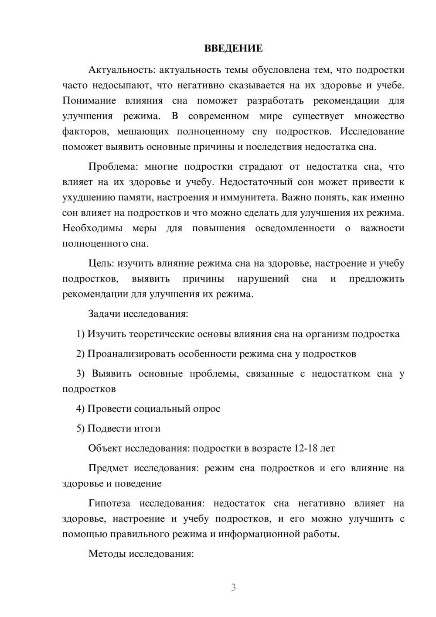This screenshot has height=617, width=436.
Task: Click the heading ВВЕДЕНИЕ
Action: [x=233, y=48]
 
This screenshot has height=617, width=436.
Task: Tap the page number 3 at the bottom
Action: [x=233, y=587]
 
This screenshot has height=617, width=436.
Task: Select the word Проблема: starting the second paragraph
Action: [x=111, y=167]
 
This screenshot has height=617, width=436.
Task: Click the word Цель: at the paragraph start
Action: [x=101, y=263]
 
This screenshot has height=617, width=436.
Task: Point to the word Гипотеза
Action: [x=109, y=503]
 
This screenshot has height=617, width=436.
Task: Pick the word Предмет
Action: [x=108, y=468]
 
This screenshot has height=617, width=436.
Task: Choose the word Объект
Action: [x=105, y=448]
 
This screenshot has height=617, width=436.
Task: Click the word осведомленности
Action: [x=295, y=228]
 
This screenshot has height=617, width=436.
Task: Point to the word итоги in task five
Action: [x=146, y=428]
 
